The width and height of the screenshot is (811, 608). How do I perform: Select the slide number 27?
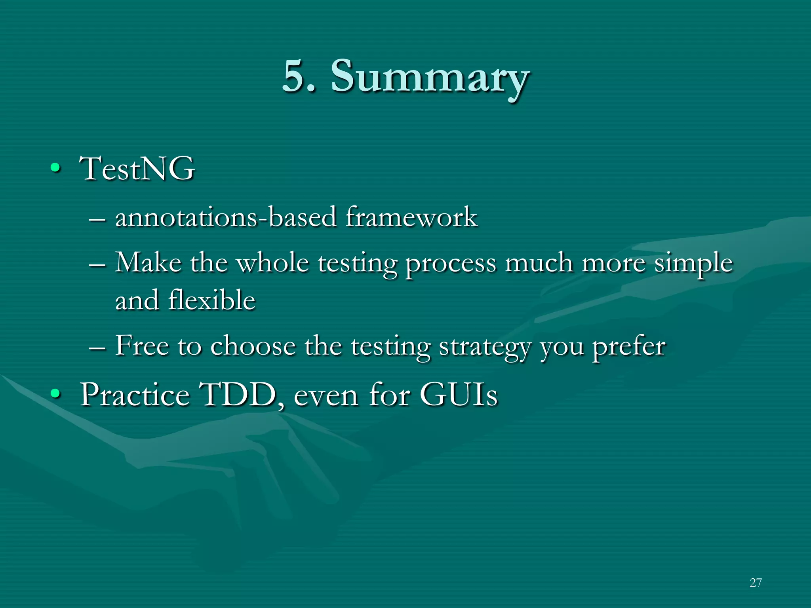click(756, 582)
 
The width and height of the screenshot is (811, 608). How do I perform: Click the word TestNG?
click(137, 169)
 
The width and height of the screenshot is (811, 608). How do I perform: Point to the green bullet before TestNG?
click(55, 169)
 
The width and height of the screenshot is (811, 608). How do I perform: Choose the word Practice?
click(135, 395)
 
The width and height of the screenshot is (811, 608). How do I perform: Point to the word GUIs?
click(458, 395)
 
